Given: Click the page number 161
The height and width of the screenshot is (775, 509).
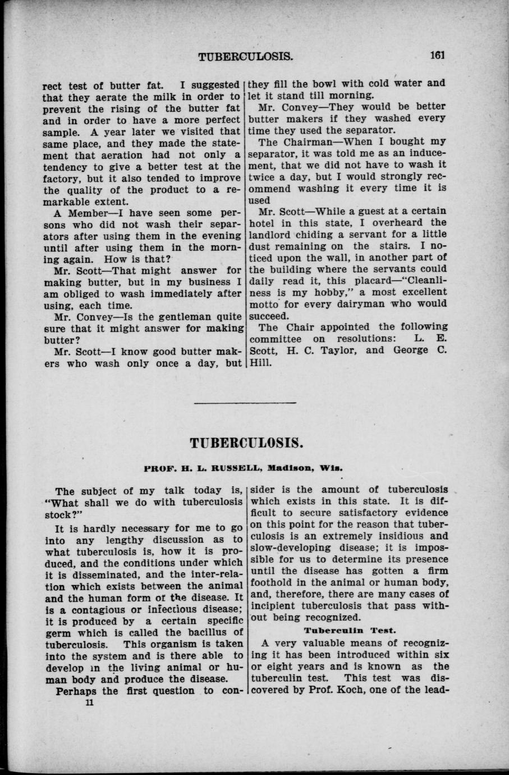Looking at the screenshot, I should pos(436,56).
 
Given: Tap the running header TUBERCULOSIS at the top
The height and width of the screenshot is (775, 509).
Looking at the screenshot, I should pos(246,56).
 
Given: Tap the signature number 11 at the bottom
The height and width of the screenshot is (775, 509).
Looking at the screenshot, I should pos(88,703).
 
